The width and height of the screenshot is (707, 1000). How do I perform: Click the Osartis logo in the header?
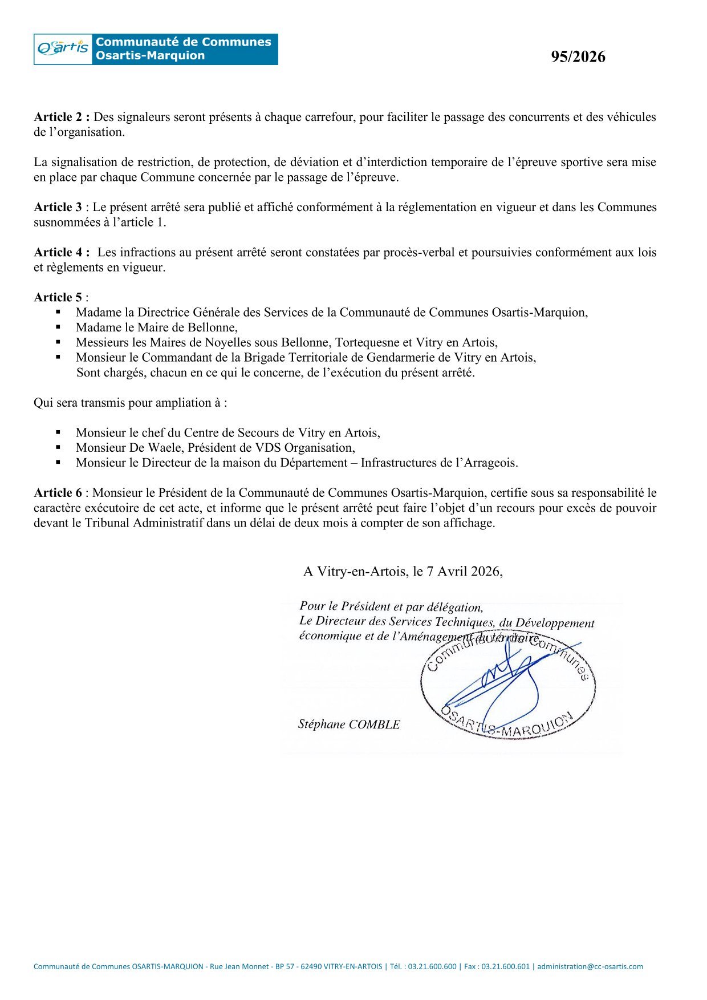tap(63, 49)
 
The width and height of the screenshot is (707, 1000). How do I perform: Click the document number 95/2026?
tap(578, 57)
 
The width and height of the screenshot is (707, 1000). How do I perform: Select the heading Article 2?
tap(61, 117)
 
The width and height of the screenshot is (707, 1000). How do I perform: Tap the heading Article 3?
tap(58, 207)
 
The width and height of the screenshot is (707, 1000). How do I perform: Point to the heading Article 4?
tap(61, 252)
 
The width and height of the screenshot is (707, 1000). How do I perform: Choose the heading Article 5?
tap(58, 297)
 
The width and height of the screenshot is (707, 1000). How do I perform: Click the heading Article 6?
tap(58, 493)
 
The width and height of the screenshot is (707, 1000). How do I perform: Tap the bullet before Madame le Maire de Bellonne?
tap(58, 327)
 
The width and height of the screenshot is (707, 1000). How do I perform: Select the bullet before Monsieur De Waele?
tap(58, 448)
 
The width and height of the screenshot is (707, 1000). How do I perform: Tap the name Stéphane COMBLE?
tap(349, 724)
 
